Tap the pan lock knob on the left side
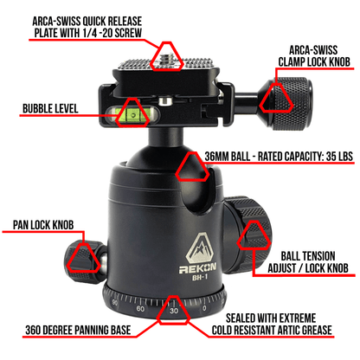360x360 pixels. click(84, 254)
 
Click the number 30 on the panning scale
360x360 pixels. click(174, 311)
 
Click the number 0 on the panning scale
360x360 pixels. click(204, 307)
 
